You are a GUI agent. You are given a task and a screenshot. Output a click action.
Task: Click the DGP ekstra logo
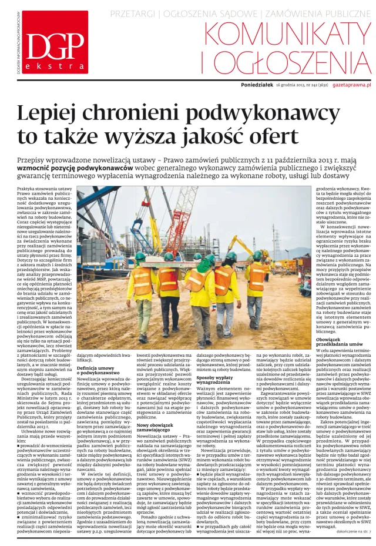click(x=49, y=43)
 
